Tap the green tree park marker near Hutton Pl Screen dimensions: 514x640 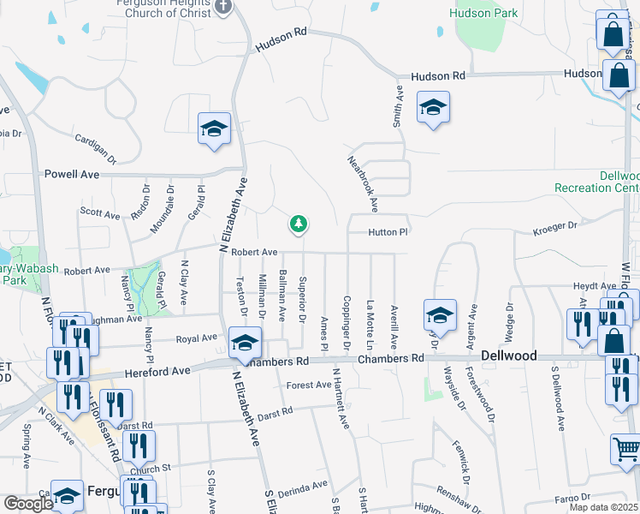point(298,224)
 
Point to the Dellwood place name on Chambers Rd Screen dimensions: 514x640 point(508,356)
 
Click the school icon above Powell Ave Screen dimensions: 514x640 point(213,129)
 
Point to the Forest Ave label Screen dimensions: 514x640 point(308,385)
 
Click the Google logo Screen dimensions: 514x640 point(27,504)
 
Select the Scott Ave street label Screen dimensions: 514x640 point(100,213)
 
